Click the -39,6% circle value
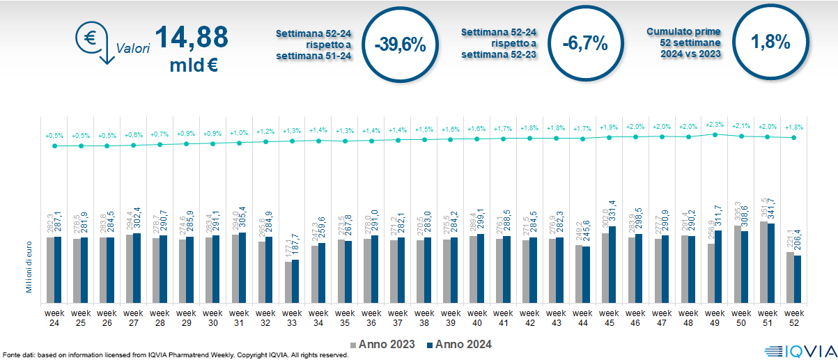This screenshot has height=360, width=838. (400, 45)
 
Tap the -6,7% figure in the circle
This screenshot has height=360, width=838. (585, 44)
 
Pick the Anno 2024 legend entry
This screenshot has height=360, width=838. (459, 344)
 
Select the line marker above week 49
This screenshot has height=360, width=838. (715, 134)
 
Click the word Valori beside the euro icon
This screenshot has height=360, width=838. (133, 49)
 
